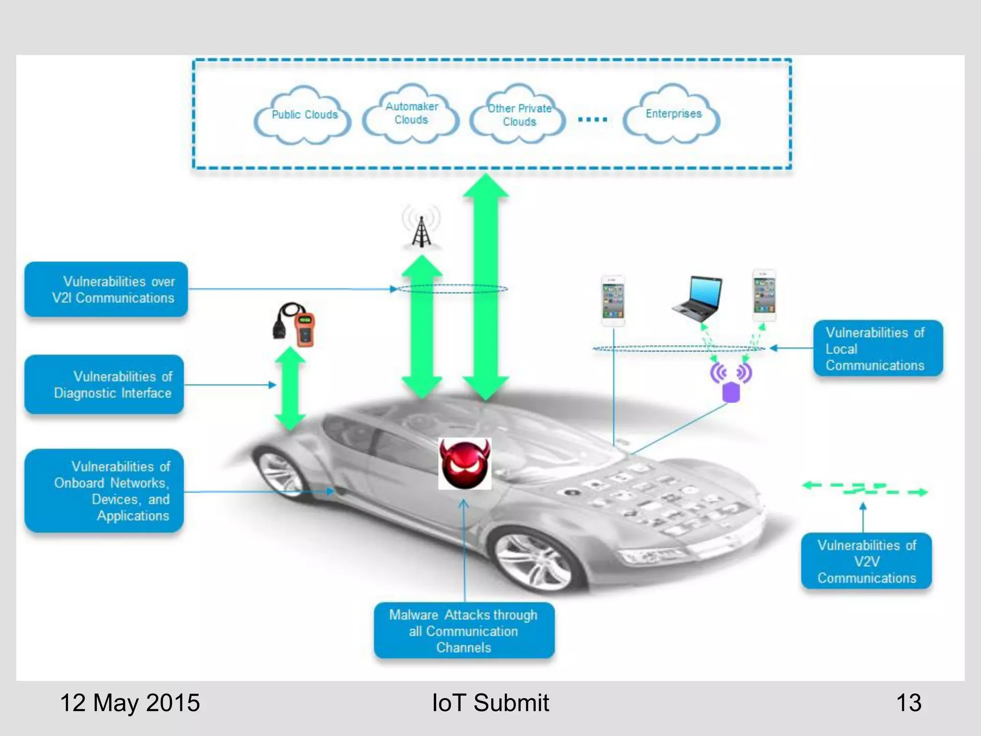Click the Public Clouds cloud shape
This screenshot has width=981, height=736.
[x=303, y=115]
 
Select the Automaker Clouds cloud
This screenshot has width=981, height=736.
[x=411, y=114]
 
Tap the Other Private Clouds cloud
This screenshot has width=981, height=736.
[x=519, y=115]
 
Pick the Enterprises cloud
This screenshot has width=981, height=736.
[x=673, y=114]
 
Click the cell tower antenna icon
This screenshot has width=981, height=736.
[x=421, y=228]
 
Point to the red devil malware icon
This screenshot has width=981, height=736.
[x=465, y=464]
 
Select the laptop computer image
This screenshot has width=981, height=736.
[x=698, y=298]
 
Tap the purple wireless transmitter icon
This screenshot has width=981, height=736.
[x=731, y=383]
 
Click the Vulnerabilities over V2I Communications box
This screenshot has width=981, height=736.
[x=106, y=289]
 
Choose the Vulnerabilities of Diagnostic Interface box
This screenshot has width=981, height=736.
[x=104, y=384]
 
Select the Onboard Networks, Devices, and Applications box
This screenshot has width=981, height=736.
[x=104, y=491]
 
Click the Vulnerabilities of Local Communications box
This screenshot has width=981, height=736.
[x=878, y=348]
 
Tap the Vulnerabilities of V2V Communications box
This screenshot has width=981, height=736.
[x=866, y=561]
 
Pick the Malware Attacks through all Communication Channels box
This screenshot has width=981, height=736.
[x=464, y=631]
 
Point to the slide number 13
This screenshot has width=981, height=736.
[x=908, y=703]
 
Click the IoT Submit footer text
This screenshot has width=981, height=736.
[x=490, y=703]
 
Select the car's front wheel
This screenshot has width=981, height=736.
[x=534, y=561]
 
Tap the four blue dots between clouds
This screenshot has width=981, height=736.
[x=593, y=119]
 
